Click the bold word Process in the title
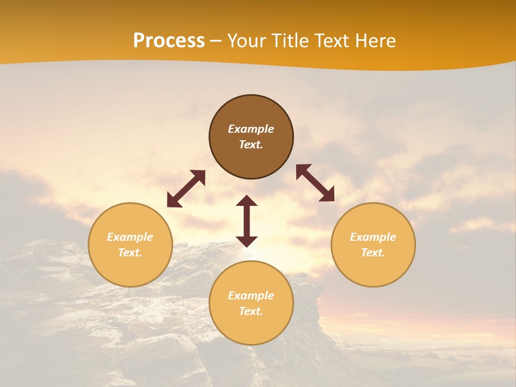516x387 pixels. click(x=169, y=41)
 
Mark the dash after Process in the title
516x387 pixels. click(x=216, y=41)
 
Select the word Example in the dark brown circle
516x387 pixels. click(x=251, y=129)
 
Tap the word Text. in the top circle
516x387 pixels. click(x=251, y=145)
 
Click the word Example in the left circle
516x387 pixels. click(x=130, y=237)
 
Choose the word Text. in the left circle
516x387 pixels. click(x=130, y=253)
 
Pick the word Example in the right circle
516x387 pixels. click(x=373, y=237)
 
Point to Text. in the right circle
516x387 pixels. click(x=373, y=253)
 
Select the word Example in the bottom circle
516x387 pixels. click(x=251, y=296)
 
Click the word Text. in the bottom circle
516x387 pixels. click(x=251, y=311)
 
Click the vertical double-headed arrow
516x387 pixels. click(x=247, y=221)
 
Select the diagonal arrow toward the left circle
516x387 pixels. click(x=186, y=189)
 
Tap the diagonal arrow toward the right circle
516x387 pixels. click(x=316, y=183)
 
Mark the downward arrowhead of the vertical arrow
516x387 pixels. click(x=247, y=241)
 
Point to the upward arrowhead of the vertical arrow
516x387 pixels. click(x=247, y=200)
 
